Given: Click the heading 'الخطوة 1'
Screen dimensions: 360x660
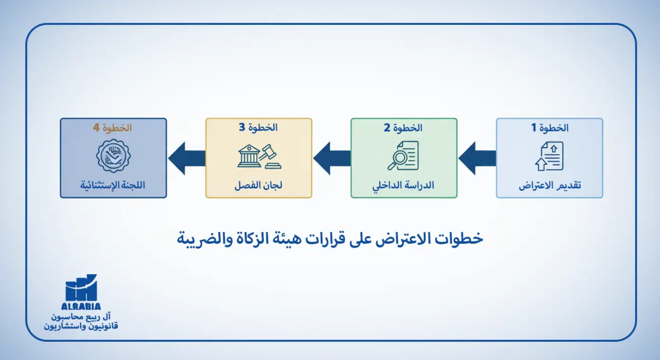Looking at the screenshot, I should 550,128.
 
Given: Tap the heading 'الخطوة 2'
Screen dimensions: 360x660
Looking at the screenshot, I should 404,128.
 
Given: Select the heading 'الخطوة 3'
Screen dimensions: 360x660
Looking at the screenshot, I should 258,128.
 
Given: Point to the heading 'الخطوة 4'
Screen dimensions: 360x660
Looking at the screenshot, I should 113,128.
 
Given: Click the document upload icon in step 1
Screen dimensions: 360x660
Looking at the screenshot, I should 549,156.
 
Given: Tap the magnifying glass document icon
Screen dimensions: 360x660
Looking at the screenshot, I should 403,156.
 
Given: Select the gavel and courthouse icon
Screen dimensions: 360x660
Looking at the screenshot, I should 259,156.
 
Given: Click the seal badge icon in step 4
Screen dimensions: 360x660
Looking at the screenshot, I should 113,156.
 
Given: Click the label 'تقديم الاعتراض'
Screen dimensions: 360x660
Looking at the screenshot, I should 549,185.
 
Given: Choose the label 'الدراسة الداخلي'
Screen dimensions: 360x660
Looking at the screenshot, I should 404,185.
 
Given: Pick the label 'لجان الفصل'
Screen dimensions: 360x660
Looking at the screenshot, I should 258,185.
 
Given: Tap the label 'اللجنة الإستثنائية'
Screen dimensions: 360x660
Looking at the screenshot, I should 113,185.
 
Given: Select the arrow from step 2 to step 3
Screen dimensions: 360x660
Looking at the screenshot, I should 332,158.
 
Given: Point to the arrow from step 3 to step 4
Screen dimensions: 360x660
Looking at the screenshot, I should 186,158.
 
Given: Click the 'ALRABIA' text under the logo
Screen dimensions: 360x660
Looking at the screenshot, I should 81,306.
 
